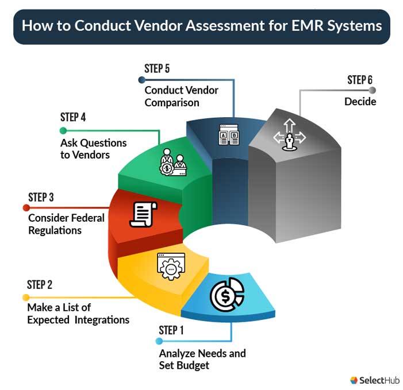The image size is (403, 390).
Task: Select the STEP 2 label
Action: [x=40, y=285]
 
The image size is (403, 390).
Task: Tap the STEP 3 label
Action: [x=41, y=198]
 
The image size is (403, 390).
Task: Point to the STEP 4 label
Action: [x=73, y=117]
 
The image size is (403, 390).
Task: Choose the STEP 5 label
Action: [x=157, y=68]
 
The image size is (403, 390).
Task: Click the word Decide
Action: [x=360, y=102]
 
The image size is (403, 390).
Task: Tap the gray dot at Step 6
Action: [x=373, y=90]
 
